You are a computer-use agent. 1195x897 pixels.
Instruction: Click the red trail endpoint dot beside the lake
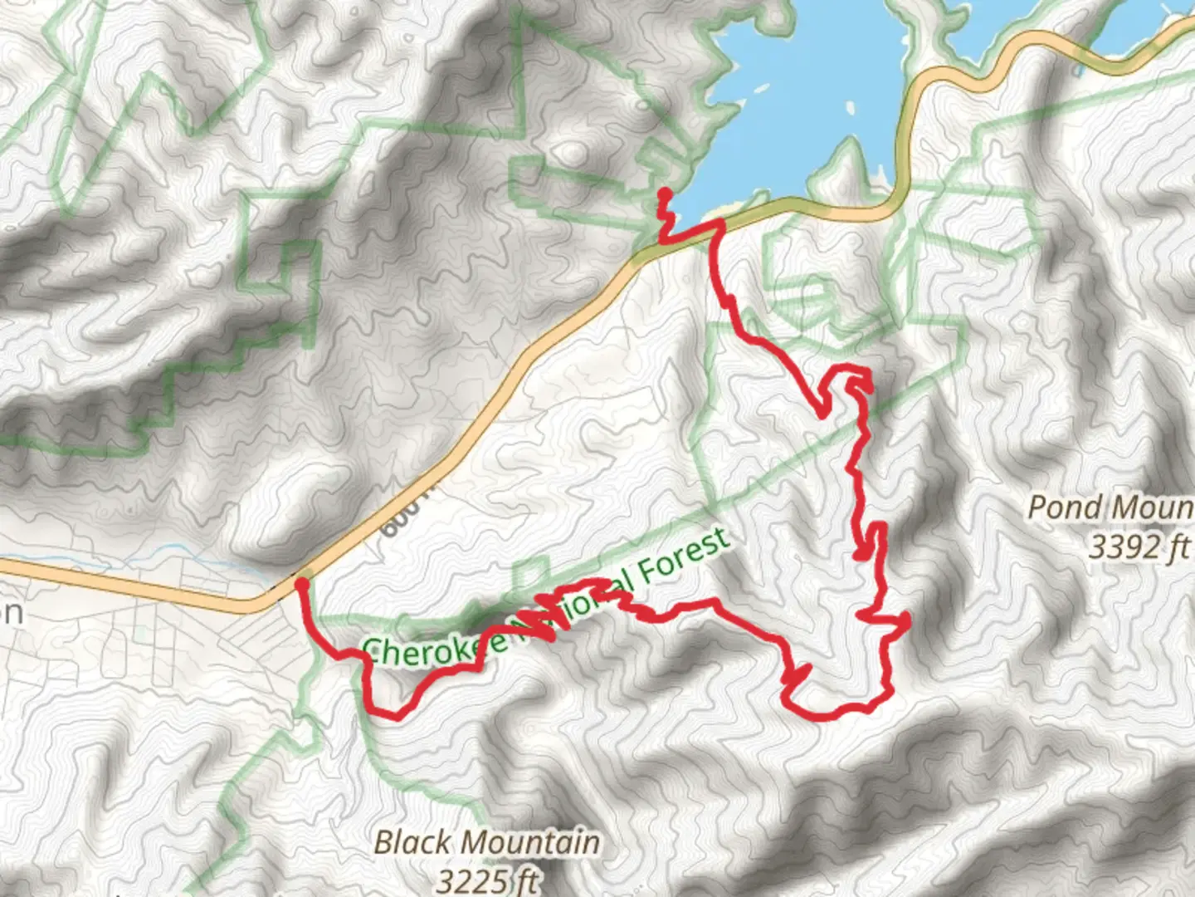point(665,194)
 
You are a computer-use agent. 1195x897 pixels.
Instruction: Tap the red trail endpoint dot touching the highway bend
point(302,585)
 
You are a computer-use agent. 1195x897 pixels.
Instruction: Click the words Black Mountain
point(486,842)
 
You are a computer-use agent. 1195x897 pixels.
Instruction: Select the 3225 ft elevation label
point(486,879)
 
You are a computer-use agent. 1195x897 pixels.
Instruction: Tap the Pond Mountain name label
point(1110,507)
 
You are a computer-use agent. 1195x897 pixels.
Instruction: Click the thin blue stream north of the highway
point(166,551)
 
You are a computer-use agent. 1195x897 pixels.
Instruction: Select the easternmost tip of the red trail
point(909,618)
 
